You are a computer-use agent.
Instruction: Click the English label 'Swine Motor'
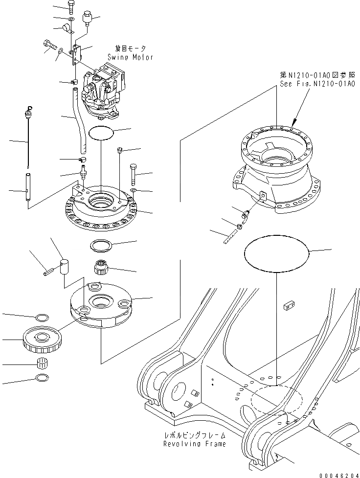pos(128,57)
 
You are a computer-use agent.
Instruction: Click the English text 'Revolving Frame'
pos(195,444)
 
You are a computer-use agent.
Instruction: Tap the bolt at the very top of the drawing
pos(71,7)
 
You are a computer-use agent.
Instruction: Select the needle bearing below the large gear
pos(43,364)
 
